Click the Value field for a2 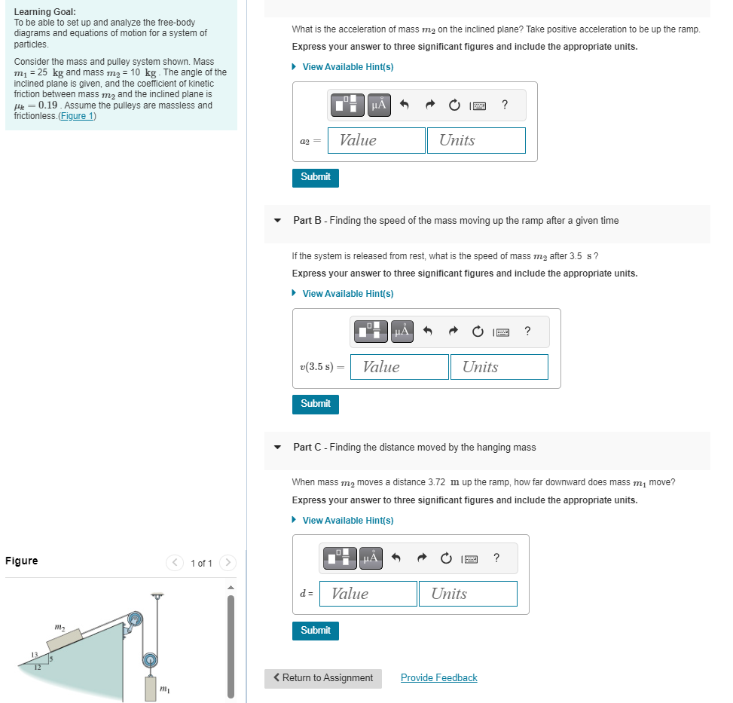point(376,140)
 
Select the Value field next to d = point(368,594)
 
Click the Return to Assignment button point(323,678)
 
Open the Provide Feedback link point(438,678)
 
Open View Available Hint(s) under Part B point(347,294)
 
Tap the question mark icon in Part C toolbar point(496,558)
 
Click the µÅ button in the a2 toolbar point(378,105)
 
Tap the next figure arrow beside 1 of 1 point(228,564)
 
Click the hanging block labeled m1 point(151,687)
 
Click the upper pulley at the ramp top point(134,619)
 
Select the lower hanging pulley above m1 point(151,660)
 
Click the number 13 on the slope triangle point(33,652)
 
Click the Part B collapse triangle point(278,221)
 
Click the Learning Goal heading point(44,12)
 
